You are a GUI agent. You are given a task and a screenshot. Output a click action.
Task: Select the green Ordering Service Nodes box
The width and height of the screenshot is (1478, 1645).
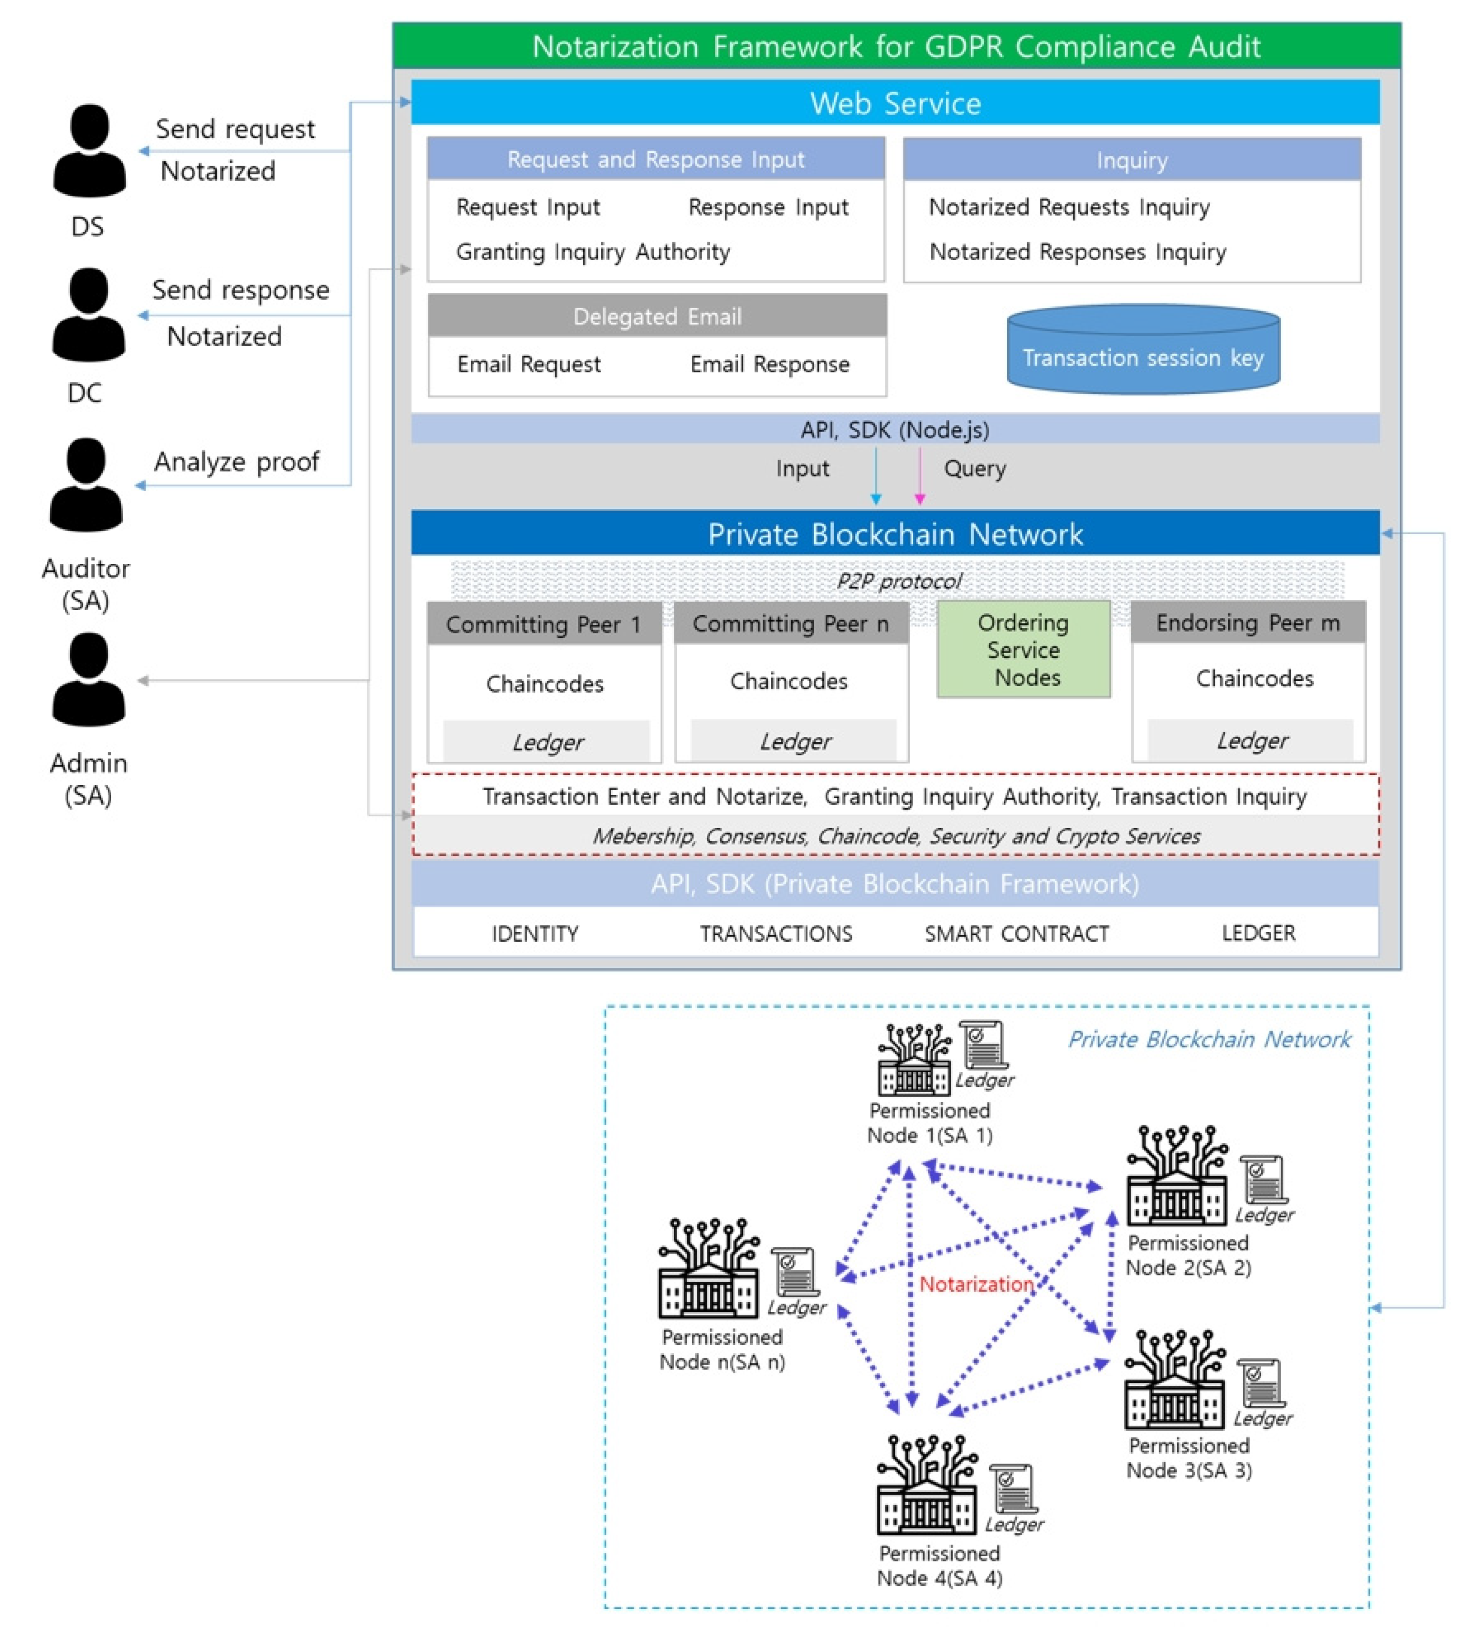(1023, 650)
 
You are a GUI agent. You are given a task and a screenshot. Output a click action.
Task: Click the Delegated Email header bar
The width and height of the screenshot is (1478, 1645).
(657, 316)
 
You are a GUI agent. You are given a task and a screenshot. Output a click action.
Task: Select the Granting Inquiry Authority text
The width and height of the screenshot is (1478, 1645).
(593, 252)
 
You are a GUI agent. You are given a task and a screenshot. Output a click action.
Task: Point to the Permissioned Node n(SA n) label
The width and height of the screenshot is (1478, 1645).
(722, 1350)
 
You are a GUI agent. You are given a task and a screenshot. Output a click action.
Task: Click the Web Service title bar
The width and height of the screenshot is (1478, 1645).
(895, 103)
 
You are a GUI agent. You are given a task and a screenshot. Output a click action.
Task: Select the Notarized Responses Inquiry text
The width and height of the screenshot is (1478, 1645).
(1078, 252)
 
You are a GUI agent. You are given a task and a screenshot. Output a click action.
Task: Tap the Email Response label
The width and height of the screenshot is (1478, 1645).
(769, 364)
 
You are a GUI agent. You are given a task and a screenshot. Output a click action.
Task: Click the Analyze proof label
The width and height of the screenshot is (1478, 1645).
(236, 461)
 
